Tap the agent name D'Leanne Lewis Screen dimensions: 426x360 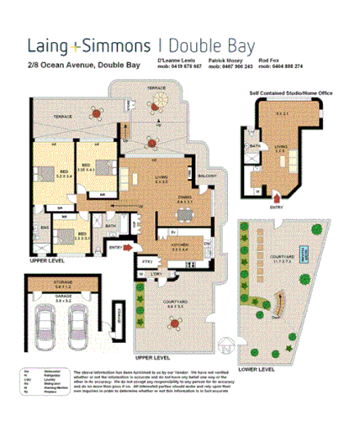pyautogui.click(x=178, y=60)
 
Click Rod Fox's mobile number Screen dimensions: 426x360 pyautogui.click(x=282, y=66)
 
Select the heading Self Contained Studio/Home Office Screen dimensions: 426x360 pyautogui.click(x=291, y=94)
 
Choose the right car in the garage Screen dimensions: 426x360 pyautogui.click(x=78, y=323)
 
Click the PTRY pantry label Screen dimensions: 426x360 pyautogui.click(x=146, y=260)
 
